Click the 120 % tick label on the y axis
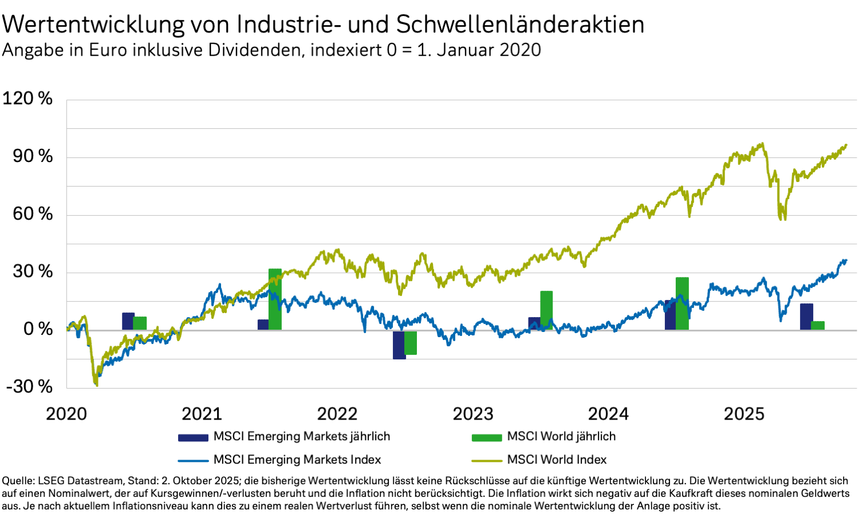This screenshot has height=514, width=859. click(x=27, y=98)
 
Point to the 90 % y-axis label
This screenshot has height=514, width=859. click(x=33, y=156)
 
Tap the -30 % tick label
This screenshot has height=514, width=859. click(x=29, y=386)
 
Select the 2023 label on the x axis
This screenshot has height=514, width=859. click(x=472, y=414)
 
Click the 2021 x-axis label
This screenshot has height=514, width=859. click(x=202, y=414)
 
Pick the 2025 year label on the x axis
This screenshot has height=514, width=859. click(x=744, y=414)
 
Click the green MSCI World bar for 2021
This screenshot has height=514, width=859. click(x=275, y=299)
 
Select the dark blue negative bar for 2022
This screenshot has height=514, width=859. click(x=399, y=345)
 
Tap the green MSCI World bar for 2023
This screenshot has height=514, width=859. click(x=546, y=310)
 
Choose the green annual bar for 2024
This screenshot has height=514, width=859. click(x=682, y=303)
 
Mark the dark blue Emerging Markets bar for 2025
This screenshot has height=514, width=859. click(x=806, y=317)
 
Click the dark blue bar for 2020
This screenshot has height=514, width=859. click(x=128, y=321)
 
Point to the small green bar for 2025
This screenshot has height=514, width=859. click(x=818, y=325)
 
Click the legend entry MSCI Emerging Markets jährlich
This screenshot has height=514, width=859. click(x=301, y=437)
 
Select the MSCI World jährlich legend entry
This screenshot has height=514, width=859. click(x=561, y=437)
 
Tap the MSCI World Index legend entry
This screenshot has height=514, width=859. click(x=557, y=460)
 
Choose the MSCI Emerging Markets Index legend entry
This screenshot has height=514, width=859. click(x=297, y=460)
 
